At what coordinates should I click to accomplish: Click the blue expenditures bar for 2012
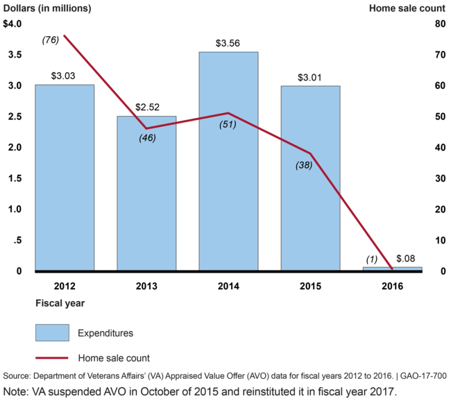click(x=65, y=178)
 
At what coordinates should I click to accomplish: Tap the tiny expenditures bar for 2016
click(x=392, y=268)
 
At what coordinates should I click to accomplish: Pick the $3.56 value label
click(x=228, y=43)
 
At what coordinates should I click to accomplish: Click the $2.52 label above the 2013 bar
click(x=146, y=108)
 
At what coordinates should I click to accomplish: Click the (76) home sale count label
click(x=51, y=40)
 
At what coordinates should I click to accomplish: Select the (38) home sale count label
click(x=304, y=165)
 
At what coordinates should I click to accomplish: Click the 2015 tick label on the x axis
click(x=310, y=285)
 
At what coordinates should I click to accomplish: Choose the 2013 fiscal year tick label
click(x=146, y=285)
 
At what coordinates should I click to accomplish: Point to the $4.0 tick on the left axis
click(x=13, y=24)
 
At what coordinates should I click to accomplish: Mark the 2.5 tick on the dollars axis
click(x=13, y=117)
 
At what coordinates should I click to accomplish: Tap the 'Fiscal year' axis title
click(x=60, y=303)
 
